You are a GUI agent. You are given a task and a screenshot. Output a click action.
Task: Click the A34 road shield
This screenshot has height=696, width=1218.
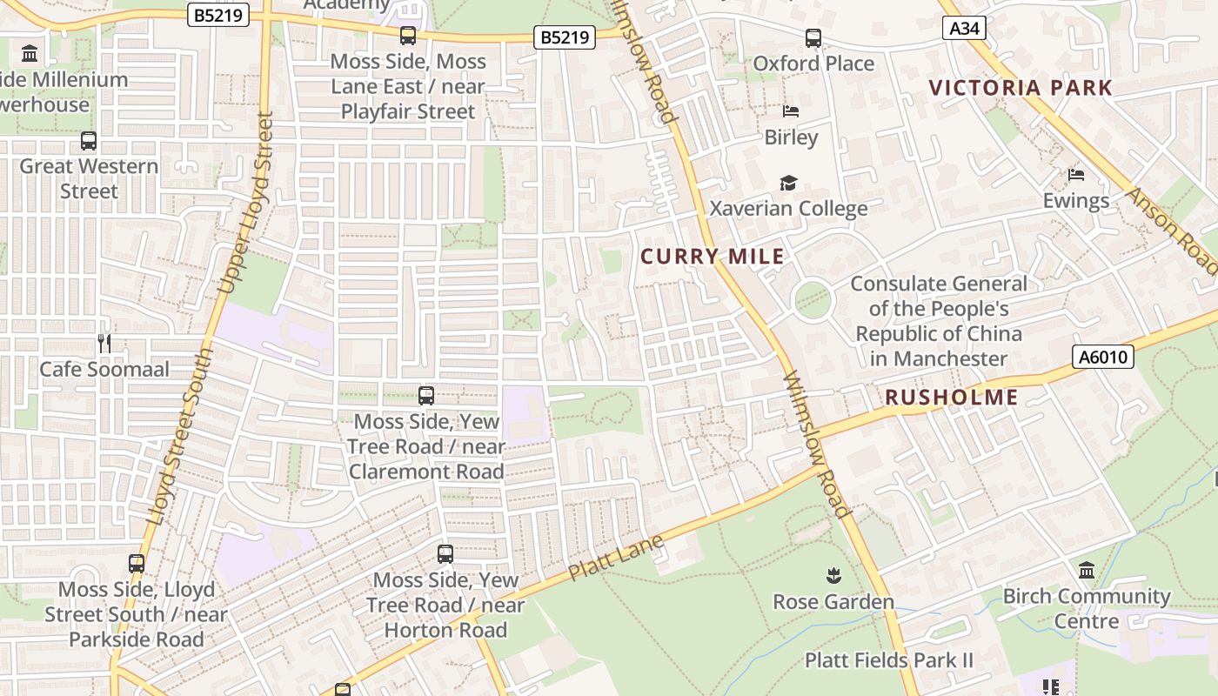pyautogui.click(x=964, y=28)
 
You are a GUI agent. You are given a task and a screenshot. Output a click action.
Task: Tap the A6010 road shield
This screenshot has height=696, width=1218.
pyautogui.click(x=1102, y=356)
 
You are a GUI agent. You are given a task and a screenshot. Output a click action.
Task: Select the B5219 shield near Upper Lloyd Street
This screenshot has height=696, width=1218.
pyautogui.click(x=218, y=14)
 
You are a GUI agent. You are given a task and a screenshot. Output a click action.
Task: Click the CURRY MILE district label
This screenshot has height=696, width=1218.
pyautogui.click(x=713, y=257)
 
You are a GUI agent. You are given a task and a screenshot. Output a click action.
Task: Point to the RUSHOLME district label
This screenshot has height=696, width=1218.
pyautogui.click(x=951, y=398)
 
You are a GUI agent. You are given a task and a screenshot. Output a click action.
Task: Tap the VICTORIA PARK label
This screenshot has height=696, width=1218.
pyautogui.click(x=1021, y=88)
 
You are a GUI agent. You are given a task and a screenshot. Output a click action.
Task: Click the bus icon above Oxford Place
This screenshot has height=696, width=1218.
pyautogui.click(x=813, y=38)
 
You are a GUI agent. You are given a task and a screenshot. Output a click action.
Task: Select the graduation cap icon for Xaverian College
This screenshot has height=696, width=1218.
pyautogui.click(x=788, y=183)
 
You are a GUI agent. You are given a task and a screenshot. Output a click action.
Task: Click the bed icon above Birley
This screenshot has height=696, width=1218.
pyautogui.click(x=791, y=111)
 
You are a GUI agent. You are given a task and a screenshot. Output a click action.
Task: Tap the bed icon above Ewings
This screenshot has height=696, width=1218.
pyautogui.click(x=1076, y=174)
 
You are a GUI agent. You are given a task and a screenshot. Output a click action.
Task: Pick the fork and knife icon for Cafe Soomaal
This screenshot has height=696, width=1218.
pyautogui.click(x=104, y=343)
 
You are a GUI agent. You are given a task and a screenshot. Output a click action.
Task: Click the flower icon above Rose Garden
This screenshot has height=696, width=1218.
pyautogui.click(x=833, y=575)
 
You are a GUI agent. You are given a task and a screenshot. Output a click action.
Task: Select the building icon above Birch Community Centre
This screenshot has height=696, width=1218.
pyautogui.click(x=1087, y=571)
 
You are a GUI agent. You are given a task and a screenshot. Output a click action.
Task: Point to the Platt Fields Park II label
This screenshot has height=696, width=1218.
pyautogui.click(x=889, y=660)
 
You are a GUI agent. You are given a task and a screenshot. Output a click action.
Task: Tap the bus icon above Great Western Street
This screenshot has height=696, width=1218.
pyautogui.click(x=89, y=140)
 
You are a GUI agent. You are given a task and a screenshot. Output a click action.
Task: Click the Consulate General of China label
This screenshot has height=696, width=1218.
pyautogui.click(x=939, y=321)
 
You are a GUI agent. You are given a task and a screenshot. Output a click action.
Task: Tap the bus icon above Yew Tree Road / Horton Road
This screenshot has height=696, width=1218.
pyautogui.click(x=445, y=553)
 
